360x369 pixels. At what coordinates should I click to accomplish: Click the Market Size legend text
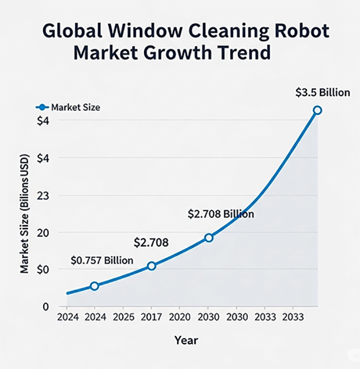click(x=75, y=107)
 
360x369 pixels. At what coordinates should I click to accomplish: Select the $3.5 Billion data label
click(x=323, y=92)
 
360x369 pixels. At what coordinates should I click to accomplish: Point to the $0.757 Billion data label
click(x=102, y=261)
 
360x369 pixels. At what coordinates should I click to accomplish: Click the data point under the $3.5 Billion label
click(x=317, y=110)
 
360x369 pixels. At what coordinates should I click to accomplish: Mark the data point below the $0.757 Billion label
click(x=94, y=286)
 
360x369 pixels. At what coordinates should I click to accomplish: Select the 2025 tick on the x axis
click(x=124, y=318)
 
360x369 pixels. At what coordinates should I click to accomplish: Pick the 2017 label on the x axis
click(x=151, y=318)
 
